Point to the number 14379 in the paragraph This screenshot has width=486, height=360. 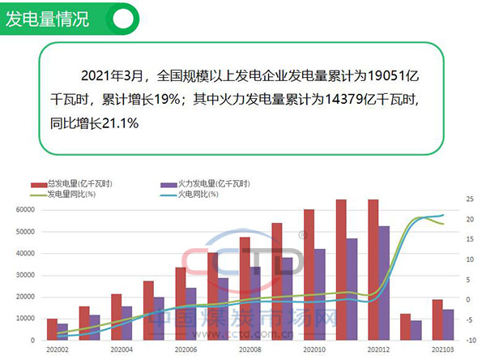coord(354,100)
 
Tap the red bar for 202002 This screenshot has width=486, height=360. coord(52,329)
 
